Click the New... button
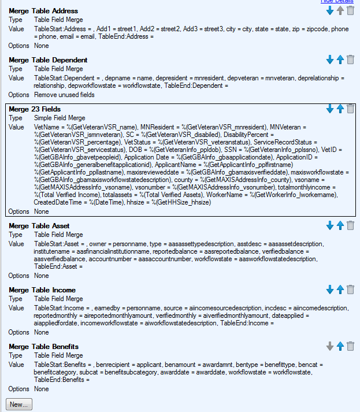click(x=19, y=404)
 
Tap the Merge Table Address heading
click(x=43, y=11)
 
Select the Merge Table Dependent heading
click(x=48, y=60)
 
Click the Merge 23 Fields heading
click(x=35, y=109)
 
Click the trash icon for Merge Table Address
click(x=350, y=10)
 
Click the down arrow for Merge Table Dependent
click(x=330, y=60)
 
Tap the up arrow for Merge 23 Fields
click(x=340, y=109)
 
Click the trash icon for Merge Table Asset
click(x=350, y=225)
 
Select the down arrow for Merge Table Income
click(x=330, y=289)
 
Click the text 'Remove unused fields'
click(x=64, y=95)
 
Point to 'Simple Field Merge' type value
click(x=60, y=118)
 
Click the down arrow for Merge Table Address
click(x=330, y=10)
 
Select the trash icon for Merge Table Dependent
click(x=350, y=60)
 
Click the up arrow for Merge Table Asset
click(x=340, y=225)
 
